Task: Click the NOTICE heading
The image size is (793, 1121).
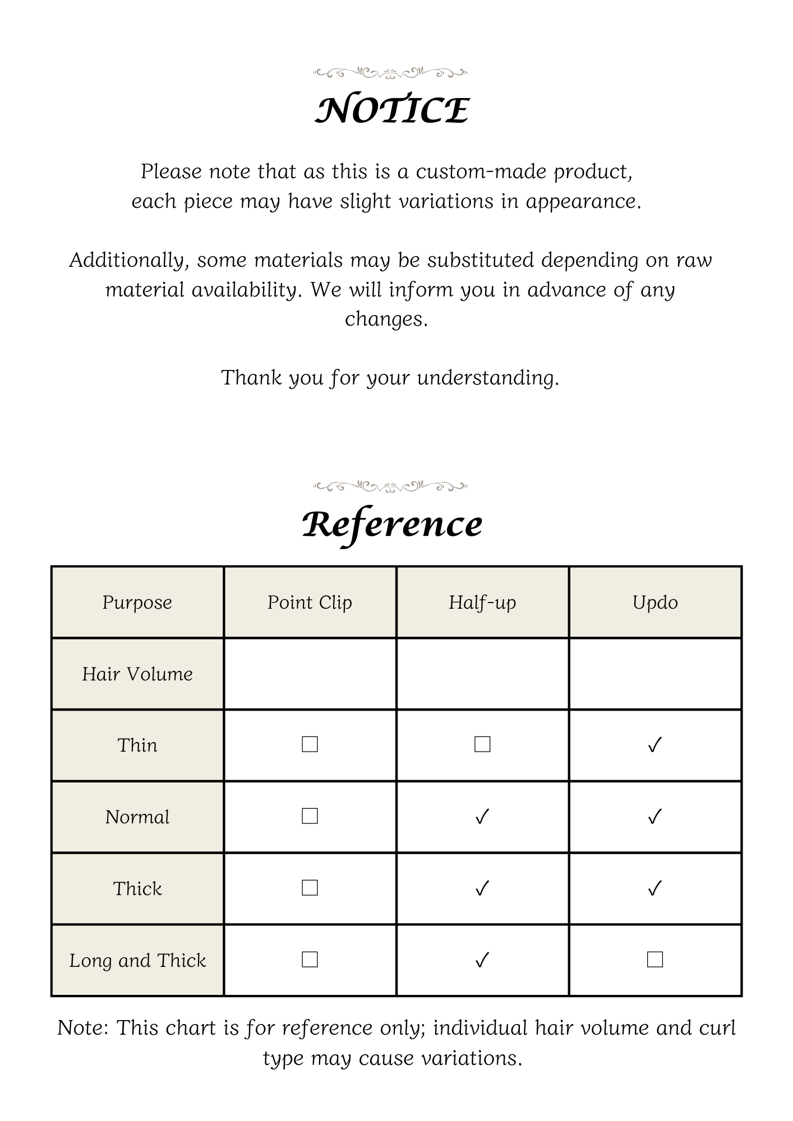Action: pos(391,110)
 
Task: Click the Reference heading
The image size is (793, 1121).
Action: pos(392,525)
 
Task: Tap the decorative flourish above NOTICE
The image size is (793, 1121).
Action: pos(390,72)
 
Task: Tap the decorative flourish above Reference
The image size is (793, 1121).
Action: pos(390,485)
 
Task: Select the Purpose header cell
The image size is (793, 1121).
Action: pos(137,603)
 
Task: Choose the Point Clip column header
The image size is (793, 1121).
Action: pos(310,603)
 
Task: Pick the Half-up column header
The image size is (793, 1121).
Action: pos(482,603)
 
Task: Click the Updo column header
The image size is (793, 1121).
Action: pos(655,603)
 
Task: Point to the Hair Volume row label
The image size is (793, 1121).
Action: pos(137,674)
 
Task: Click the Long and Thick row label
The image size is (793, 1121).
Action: pos(137,961)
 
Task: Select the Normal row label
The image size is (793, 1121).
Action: pos(137,817)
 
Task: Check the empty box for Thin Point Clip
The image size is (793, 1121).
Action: pos(310,744)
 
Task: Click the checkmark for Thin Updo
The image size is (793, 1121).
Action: pos(655,745)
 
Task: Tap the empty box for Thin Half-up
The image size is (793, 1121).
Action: pos(482,744)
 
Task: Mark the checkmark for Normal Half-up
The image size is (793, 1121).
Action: pos(482,817)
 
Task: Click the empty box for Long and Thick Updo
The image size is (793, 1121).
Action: pos(655,960)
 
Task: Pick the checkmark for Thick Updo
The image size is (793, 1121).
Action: pos(655,888)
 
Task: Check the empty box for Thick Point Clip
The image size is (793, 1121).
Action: pos(310,888)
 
